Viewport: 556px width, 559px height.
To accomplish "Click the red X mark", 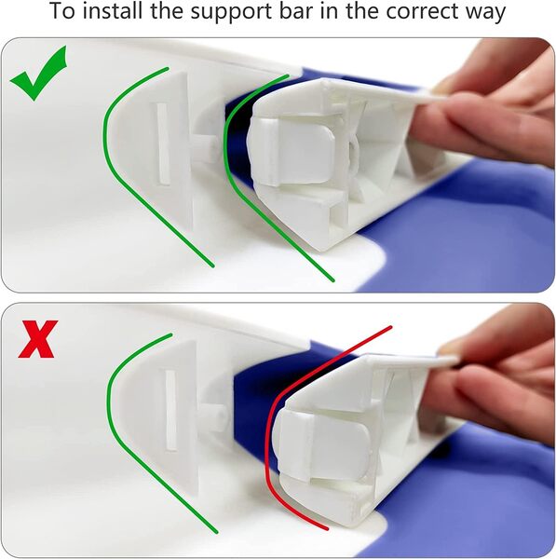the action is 38,339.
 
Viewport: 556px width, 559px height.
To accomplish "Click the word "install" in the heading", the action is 115,10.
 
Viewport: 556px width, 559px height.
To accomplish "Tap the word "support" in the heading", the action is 232,12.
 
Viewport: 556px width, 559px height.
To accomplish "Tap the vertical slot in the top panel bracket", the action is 163,144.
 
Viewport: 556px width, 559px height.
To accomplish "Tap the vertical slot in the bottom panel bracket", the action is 170,411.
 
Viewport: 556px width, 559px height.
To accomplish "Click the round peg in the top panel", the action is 204,147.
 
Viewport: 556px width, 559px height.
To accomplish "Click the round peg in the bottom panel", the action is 213,416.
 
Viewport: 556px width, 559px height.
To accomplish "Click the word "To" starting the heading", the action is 63,10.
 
